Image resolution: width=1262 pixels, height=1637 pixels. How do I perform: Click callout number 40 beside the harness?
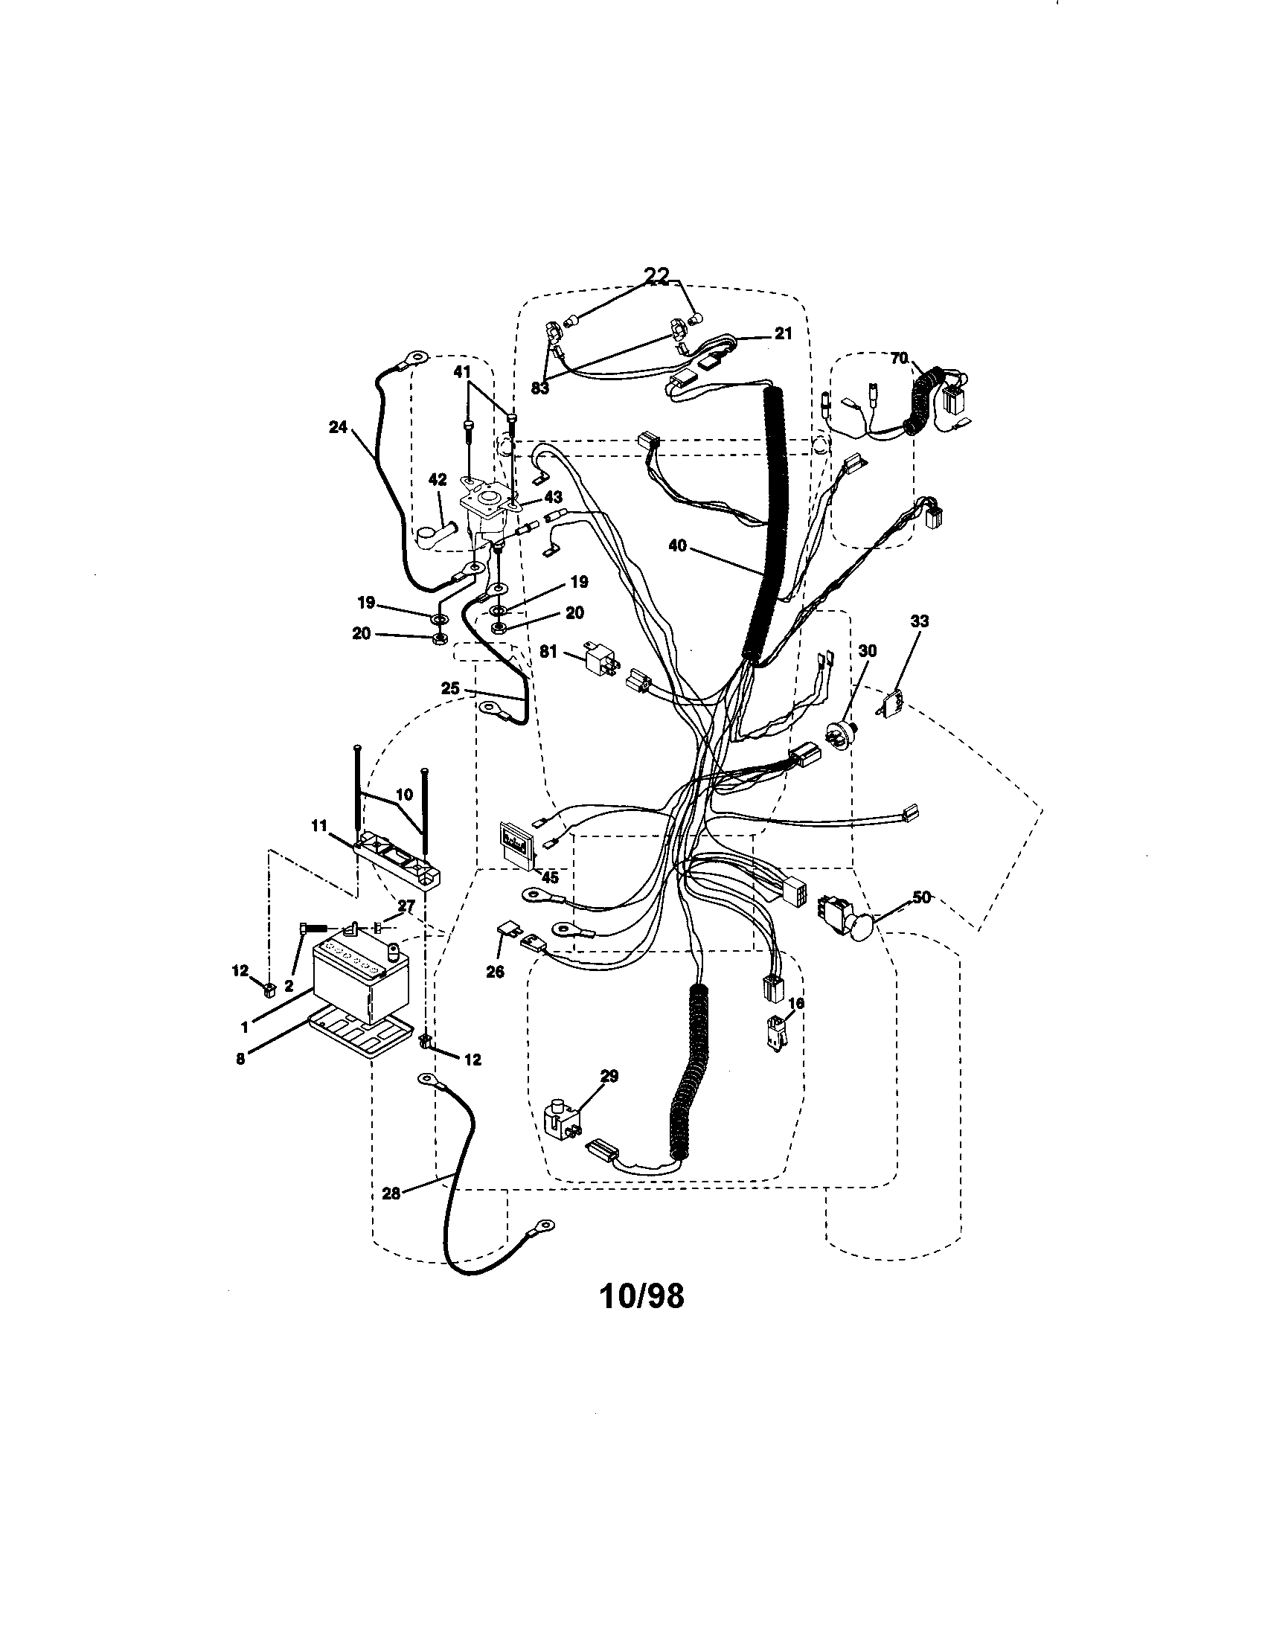[678, 545]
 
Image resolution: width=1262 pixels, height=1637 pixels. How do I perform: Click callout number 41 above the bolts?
[461, 371]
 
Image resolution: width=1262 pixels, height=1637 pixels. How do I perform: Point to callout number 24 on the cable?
[339, 426]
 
